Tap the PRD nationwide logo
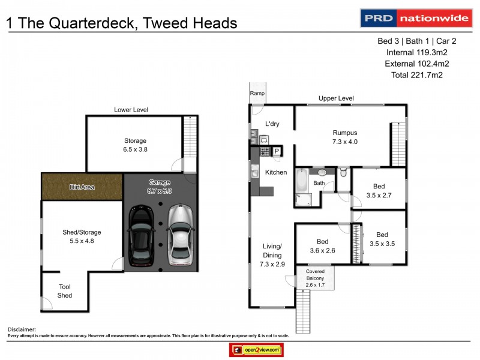point(415,18)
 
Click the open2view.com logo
point(256,349)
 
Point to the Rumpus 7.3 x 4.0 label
point(345,137)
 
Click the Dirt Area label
point(82,187)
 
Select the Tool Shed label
point(65,291)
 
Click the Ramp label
point(257,94)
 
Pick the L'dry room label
point(274,125)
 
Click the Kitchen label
point(276,173)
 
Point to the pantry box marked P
point(277,151)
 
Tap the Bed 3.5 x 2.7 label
point(378,191)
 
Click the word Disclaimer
point(22,329)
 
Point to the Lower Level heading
point(131,110)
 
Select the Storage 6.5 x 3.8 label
point(135,145)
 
